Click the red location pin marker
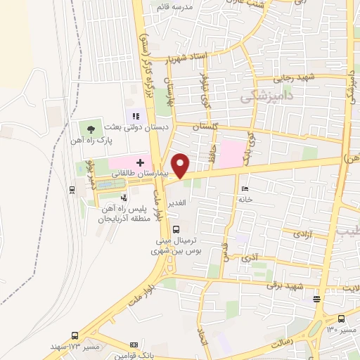181,165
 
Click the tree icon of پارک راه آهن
90,128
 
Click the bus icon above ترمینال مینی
175,229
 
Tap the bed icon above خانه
244,188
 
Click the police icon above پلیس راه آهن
124,198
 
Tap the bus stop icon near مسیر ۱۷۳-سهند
75,335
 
